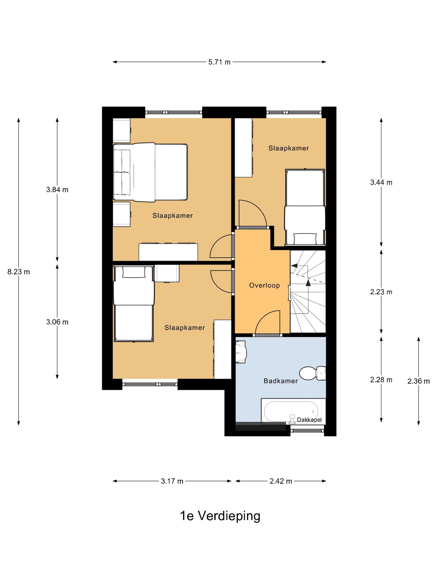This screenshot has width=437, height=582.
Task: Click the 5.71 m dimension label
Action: [x=219, y=62]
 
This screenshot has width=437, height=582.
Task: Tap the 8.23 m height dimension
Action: [x=18, y=272]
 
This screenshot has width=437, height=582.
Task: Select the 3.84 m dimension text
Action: [x=57, y=190]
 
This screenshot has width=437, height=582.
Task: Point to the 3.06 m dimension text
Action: [x=57, y=322]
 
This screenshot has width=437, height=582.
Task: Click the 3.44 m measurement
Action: [x=381, y=182]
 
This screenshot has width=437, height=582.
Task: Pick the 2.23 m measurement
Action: [x=381, y=292]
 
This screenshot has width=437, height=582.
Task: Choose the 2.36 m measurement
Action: [x=419, y=381]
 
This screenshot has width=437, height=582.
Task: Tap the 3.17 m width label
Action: [x=172, y=481]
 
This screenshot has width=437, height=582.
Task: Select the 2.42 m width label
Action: [x=281, y=481]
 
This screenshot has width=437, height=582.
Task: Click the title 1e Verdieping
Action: [x=220, y=516]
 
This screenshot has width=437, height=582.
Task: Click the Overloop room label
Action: [x=265, y=285]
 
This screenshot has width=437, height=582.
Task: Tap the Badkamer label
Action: [x=281, y=381]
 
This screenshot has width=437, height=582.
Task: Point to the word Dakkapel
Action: [x=309, y=420]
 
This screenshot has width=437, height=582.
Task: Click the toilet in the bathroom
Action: [x=312, y=373]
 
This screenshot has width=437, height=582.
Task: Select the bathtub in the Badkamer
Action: [x=293, y=411]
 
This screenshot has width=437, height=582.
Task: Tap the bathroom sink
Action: [x=241, y=352]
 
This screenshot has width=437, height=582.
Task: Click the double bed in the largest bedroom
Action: [x=150, y=172]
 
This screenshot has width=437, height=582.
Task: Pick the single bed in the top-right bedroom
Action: [x=305, y=207]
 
